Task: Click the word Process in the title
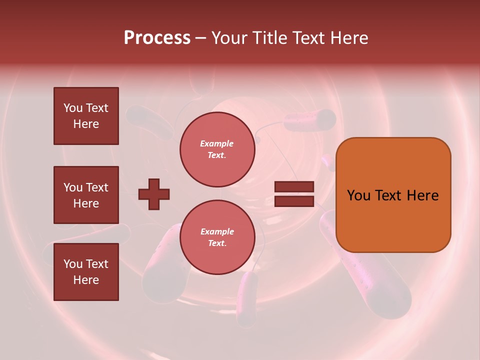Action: pyautogui.click(x=157, y=38)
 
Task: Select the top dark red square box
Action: pyautogui.click(x=86, y=116)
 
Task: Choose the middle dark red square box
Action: pyautogui.click(x=86, y=195)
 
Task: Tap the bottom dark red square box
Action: pyautogui.click(x=86, y=271)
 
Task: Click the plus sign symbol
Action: pyautogui.click(x=154, y=194)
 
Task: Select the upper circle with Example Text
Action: pyautogui.click(x=217, y=149)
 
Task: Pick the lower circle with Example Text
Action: pyautogui.click(x=217, y=237)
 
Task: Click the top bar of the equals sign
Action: pyautogui.click(x=294, y=187)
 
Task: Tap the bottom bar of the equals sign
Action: pyautogui.click(x=294, y=201)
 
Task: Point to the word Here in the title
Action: pyautogui.click(x=348, y=38)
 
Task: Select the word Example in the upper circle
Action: pyautogui.click(x=217, y=143)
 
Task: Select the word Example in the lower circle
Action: pyautogui.click(x=217, y=231)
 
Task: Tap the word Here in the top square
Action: pyautogui.click(x=86, y=124)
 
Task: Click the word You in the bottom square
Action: pyautogui.click(x=72, y=263)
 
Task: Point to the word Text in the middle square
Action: pyautogui.click(x=96, y=187)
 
